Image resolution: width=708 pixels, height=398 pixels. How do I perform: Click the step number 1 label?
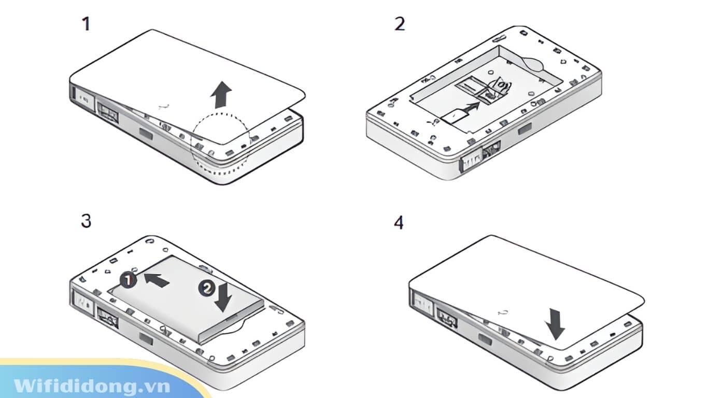tap(86, 24)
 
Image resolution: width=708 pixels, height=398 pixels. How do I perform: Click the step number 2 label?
tap(399, 24)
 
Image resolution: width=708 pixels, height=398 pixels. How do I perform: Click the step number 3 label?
tap(86, 221)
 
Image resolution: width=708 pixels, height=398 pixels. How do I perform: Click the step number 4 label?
tap(399, 223)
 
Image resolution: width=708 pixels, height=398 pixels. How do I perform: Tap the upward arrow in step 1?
tap(221, 95)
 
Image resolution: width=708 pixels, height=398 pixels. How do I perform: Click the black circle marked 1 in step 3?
tap(128, 280)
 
